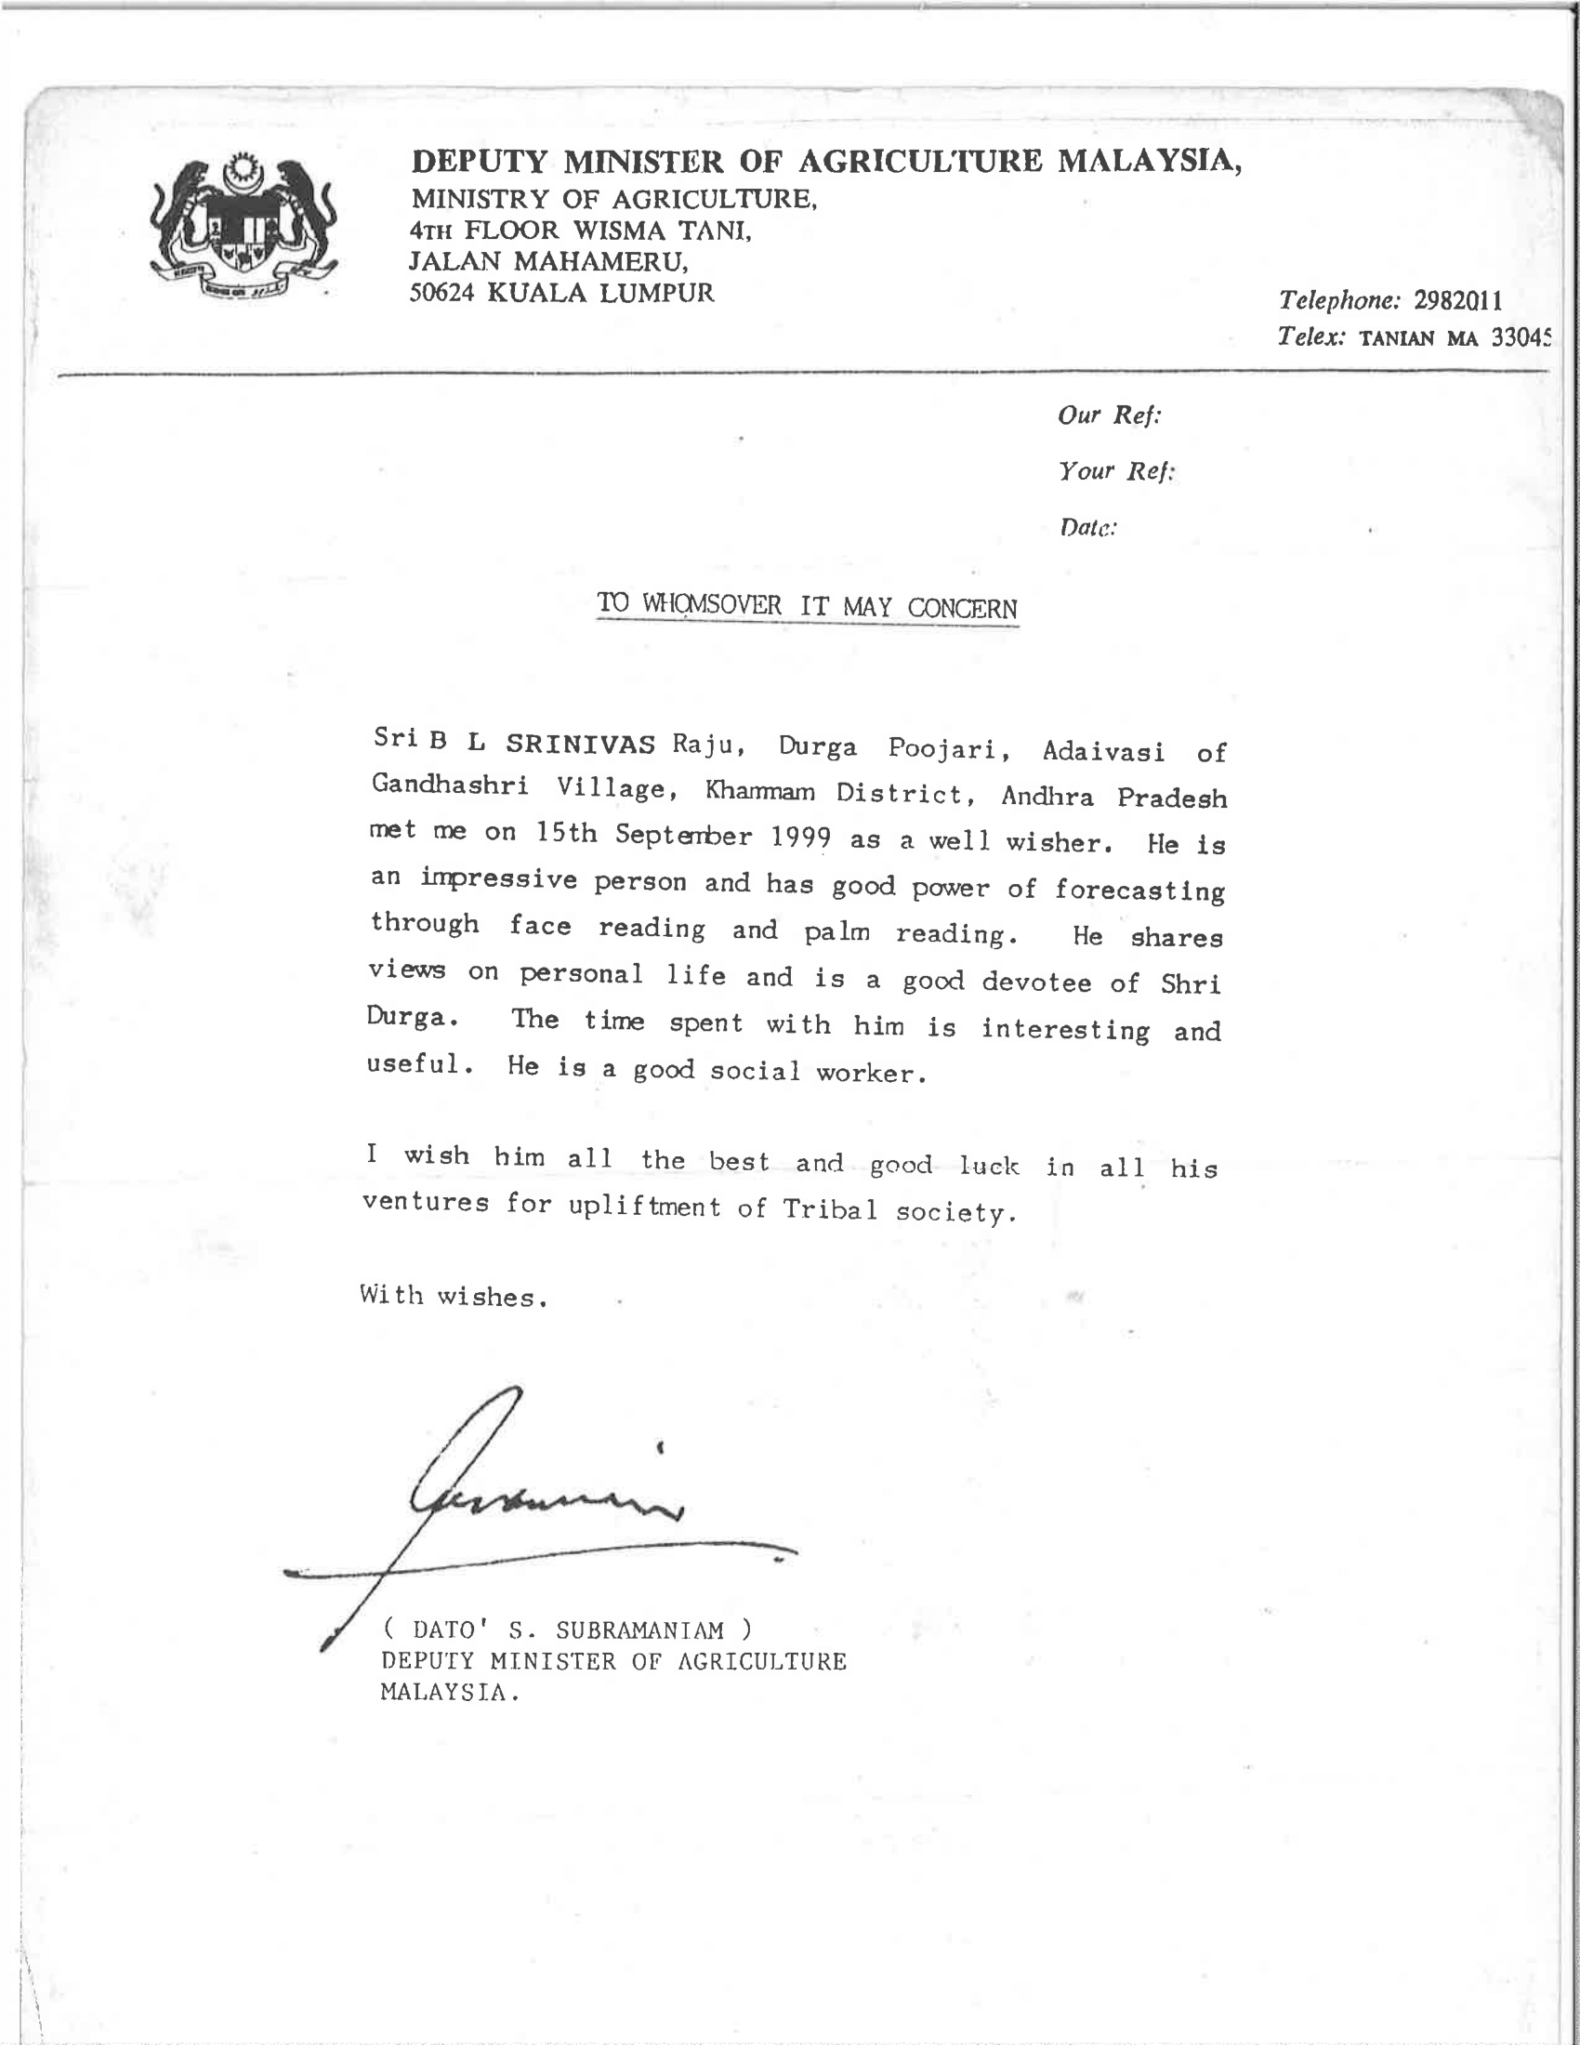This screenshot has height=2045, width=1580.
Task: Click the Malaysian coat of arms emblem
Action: click(x=244, y=228)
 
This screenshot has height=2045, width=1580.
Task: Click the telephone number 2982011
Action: click(x=1457, y=300)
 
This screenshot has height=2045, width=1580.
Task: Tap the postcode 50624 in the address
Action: click(x=442, y=293)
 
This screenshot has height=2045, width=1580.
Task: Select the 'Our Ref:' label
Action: click(x=1109, y=415)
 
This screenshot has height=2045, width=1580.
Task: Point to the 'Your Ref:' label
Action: click(x=1115, y=470)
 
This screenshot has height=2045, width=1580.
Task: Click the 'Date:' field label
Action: click(x=1087, y=527)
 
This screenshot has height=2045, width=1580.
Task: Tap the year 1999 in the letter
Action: click(x=801, y=838)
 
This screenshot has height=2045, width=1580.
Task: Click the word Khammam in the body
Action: click(x=760, y=791)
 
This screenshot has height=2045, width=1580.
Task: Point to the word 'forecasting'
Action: click(x=1139, y=889)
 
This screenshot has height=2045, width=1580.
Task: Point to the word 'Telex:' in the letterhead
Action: click(x=1311, y=336)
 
